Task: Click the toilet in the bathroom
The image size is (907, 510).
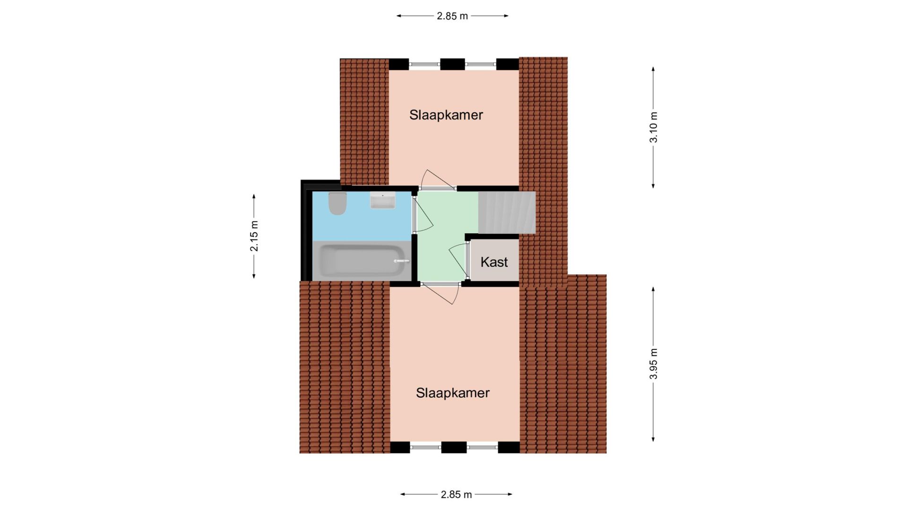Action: click(337, 203)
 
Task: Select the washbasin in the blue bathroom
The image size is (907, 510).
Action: click(382, 200)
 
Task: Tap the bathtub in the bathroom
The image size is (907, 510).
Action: click(362, 261)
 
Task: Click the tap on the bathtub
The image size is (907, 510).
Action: click(401, 261)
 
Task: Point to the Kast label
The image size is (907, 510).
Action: click(494, 262)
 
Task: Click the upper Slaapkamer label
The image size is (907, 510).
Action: click(446, 115)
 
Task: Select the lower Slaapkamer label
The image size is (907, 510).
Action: click(453, 393)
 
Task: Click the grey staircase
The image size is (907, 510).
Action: click(507, 212)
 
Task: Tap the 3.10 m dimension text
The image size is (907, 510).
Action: click(653, 127)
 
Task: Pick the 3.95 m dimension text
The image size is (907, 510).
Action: click(653, 364)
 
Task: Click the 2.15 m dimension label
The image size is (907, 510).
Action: click(254, 236)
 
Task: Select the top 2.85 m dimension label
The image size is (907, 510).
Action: click(452, 16)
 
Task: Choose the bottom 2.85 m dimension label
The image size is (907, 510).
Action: click(457, 494)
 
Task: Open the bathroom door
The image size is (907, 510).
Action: click(423, 215)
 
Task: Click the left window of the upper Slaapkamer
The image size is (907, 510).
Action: click(424, 64)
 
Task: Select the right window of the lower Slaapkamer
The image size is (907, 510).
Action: click(483, 447)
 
